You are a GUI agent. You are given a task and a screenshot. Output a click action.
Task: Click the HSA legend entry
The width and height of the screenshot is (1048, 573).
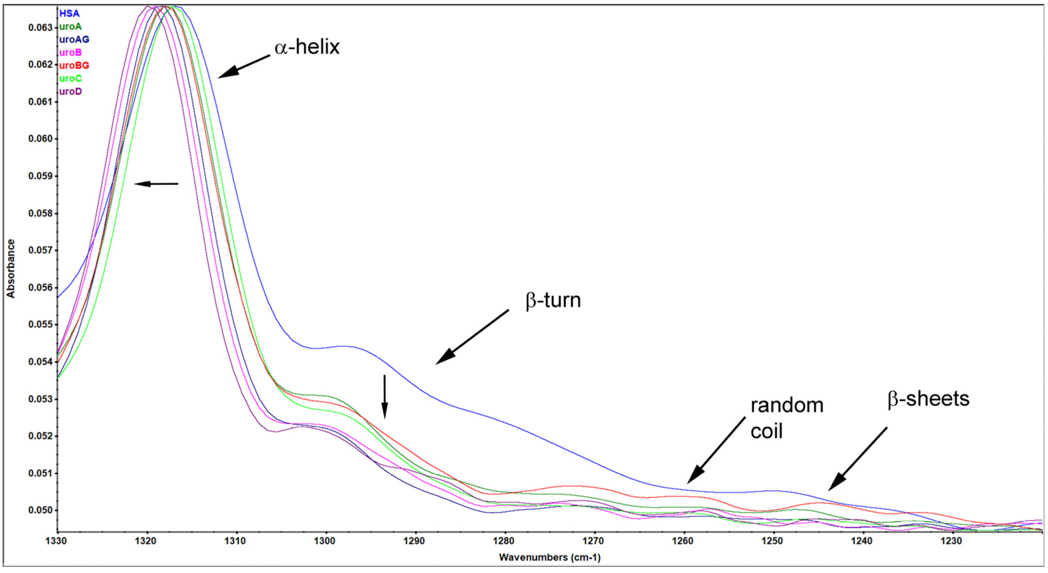pyautogui.click(x=69, y=13)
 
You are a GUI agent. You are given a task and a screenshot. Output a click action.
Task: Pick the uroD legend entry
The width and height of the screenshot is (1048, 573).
pyautogui.click(x=70, y=91)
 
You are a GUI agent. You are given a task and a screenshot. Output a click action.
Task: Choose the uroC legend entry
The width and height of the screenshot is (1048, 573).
pyautogui.click(x=70, y=79)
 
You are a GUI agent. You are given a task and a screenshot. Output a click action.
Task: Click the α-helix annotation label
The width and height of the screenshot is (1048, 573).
pyautogui.click(x=307, y=47)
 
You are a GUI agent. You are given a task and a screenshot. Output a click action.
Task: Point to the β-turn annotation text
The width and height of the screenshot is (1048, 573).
pyautogui.click(x=553, y=301)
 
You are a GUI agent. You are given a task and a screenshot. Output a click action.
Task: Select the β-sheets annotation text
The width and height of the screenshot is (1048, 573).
pyautogui.click(x=928, y=399)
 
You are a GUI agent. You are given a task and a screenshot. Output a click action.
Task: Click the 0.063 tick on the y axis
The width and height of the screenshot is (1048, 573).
pyautogui.click(x=40, y=28)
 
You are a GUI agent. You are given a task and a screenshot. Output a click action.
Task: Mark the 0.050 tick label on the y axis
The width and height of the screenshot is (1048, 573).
pyautogui.click(x=40, y=511)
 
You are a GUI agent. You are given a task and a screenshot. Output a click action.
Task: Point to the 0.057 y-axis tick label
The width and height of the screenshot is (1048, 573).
pyautogui.click(x=40, y=250)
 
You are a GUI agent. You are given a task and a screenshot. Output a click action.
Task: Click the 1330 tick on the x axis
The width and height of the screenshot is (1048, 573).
pyautogui.click(x=57, y=541)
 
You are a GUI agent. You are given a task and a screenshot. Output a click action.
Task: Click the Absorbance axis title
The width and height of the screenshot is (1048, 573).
pyautogui.click(x=11, y=268)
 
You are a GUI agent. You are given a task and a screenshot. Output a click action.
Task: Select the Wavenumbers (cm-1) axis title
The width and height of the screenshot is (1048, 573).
pyautogui.click(x=550, y=558)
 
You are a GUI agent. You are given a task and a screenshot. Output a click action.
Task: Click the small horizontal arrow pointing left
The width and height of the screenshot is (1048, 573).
pyautogui.click(x=156, y=184)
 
